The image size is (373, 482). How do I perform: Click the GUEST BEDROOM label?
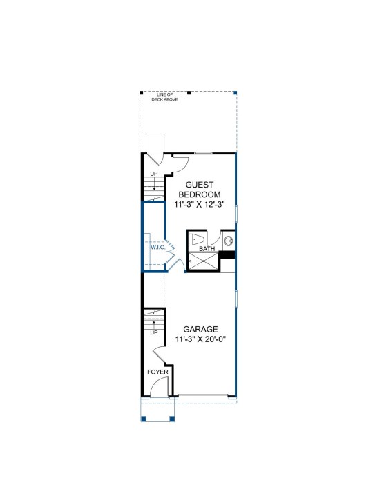coord(200,190)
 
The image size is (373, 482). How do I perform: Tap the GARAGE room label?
coord(200,329)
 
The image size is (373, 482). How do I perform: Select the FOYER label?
coord(157,372)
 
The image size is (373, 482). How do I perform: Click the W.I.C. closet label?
coord(158,247)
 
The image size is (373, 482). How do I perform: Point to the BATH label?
coord(207,249)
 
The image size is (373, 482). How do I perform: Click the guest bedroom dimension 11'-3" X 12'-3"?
coord(200,204)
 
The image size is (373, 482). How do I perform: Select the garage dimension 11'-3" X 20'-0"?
coord(201,339)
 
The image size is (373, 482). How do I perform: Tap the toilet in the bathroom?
coord(195,239)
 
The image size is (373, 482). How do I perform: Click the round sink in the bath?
coord(229,241)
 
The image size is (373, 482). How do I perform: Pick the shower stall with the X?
coord(203,261)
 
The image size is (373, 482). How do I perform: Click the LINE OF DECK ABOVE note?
coord(164,97)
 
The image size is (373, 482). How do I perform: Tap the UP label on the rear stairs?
coord(154,174)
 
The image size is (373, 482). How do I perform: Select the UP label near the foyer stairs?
coord(154,332)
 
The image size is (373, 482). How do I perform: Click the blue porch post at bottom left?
coord(143,419)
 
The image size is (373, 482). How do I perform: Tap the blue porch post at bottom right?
coord(172,419)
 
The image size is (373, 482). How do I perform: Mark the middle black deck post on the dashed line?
coord(189,92)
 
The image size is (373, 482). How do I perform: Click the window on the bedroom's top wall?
coord(203,153)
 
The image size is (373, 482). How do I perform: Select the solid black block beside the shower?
coord(227,255)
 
